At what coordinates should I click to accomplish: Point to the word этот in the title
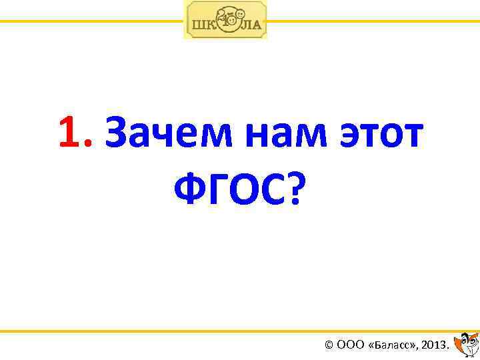pyautogui.click(x=381, y=133)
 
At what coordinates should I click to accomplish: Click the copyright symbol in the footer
pyautogui.click(x=328, y=345)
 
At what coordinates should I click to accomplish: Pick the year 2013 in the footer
pyautogui.click(x=434, y=345)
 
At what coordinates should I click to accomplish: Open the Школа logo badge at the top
pyautogui.click(x=225, y=20)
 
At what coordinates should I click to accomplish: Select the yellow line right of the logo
pyautogui.click(x=373, y=21)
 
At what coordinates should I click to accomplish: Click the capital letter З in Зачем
pyautogui.click(x=116, y=133)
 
